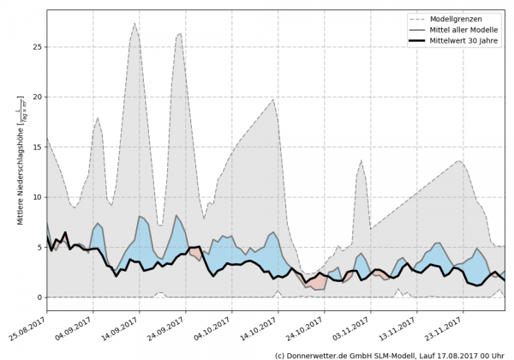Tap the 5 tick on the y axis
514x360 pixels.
coord(39,247)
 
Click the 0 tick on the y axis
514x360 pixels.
coord(39,297)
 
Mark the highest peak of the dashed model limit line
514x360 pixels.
coord(134,24)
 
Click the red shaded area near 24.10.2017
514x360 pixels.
coord(319,284)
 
